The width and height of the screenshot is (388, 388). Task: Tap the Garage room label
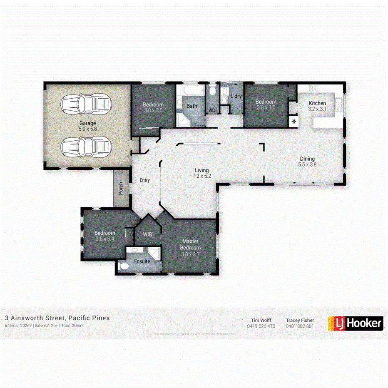pos(88,126)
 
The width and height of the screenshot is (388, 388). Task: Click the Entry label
pos(144,180)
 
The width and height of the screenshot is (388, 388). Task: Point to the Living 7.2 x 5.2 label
pos(202,173)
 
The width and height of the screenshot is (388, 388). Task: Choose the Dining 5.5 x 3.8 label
pos(307,162)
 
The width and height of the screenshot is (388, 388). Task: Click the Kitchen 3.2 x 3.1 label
pos(317,106)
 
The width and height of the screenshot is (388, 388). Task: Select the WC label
pos(211,110)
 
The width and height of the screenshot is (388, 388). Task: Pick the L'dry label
pos(236,97)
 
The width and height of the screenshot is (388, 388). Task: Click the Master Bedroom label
pos(190,247)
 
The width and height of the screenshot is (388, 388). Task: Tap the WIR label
pos(147,234)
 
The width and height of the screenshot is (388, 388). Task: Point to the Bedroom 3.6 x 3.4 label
pos(104,236)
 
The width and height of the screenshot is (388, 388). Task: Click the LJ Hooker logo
pos(356,323)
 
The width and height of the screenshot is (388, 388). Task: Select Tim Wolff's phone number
pos(261,326)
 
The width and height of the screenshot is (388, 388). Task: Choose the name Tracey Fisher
pos(300,320)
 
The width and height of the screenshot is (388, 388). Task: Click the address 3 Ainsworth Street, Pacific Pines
pos(57,318)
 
